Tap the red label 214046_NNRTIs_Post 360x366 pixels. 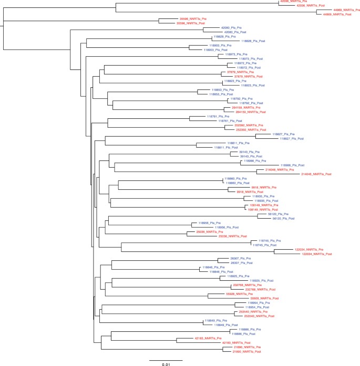pos(317,174)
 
